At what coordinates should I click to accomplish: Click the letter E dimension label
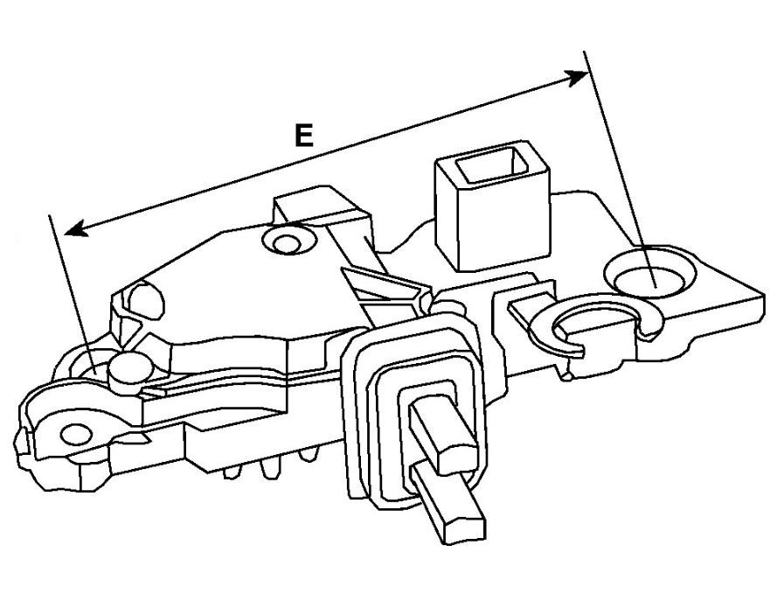click(x=304, y=136)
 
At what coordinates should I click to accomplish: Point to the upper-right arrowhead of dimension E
click(x=576, y=78)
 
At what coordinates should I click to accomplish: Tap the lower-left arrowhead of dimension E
click(x=77, y=228)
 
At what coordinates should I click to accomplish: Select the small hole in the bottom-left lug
click(x=76, y=435)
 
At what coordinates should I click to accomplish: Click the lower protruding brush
click(x=448, y=506)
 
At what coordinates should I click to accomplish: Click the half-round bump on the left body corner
click(x=146, y=301)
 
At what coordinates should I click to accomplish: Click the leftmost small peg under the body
click(x=232, y=472)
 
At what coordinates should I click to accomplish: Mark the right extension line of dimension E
click(x=620, y=169)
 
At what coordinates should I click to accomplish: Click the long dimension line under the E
click(x=327, y=153)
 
